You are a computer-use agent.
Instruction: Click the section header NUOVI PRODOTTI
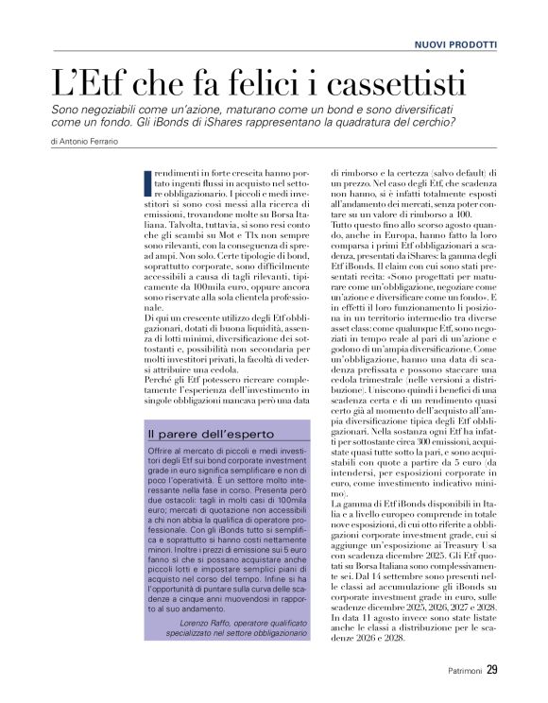tap(455, 44)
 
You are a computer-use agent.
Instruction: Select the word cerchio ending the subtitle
tap(435, 123)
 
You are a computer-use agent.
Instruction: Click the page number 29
tap(492, 672)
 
